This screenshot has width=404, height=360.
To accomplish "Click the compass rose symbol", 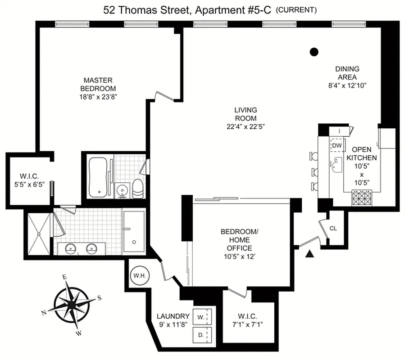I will (72, 305).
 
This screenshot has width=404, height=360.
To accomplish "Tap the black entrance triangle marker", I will (309, 255).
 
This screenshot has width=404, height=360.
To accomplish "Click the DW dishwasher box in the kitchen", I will (336, 146).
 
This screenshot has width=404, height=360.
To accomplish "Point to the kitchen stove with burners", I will (362, 198).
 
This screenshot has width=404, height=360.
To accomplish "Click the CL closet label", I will (333, 228).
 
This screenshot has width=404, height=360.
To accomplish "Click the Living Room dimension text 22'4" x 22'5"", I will (245, 126).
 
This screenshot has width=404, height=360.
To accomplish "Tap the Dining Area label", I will (347, 73).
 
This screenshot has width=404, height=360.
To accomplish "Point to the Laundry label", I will (172, 316).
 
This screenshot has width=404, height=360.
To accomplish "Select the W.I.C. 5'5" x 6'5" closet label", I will (27, 179).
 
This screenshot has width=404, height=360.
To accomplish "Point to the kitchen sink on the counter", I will (336, 168).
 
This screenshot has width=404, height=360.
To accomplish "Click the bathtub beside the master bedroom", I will (98, 176).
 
